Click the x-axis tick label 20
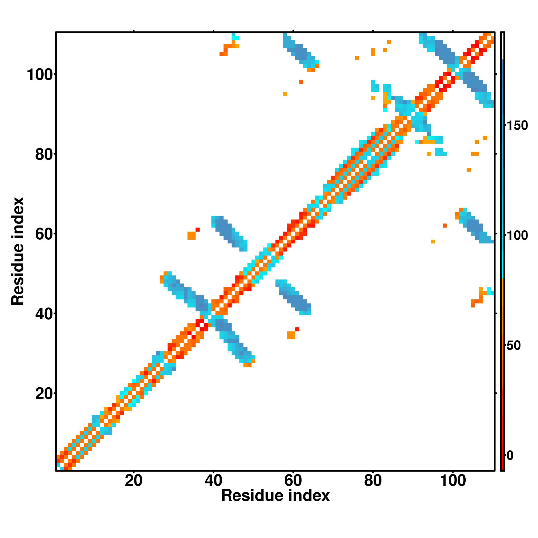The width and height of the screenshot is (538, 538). (133, 481)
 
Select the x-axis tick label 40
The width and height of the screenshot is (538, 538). (213, 481)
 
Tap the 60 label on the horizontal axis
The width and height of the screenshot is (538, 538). (293, 481)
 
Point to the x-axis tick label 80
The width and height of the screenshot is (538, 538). (373, 481)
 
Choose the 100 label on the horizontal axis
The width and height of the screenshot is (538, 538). (452, 481)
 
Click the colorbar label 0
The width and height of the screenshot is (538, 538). (510, 456)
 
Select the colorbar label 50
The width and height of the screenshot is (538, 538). (514, 346)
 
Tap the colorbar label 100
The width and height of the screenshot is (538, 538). (517, 236)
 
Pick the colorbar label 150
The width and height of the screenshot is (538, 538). (517, 126)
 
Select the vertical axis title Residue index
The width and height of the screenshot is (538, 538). (18, 251)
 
